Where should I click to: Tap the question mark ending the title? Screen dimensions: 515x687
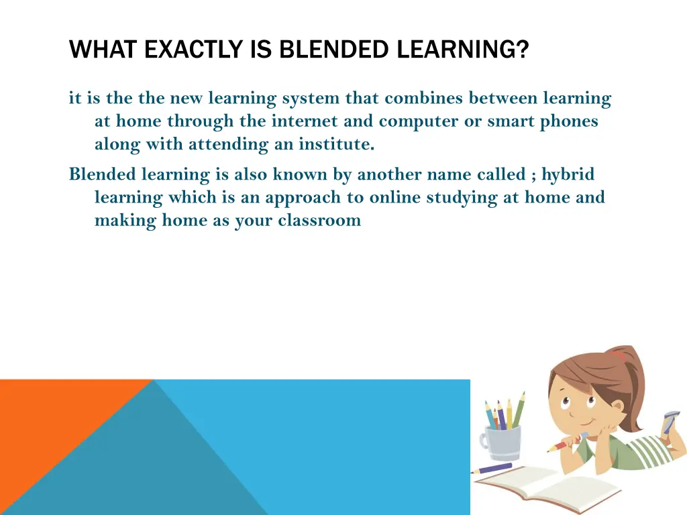523,50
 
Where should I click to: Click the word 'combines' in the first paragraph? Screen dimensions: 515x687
424,99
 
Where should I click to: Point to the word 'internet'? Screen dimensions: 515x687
301,121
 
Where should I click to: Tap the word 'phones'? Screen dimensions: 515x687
571,121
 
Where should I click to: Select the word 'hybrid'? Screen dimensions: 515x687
568,175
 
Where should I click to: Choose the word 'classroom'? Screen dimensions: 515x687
319,221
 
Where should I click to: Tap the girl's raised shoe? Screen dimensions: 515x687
671,422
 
